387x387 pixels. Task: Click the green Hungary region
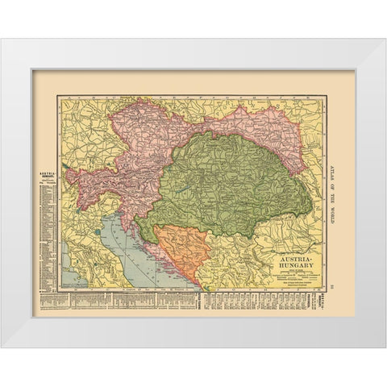226,185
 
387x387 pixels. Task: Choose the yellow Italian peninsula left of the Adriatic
89,258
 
